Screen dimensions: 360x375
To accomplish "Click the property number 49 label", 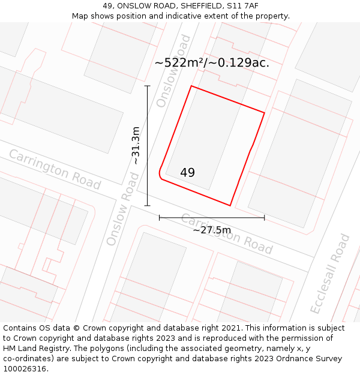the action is coord(187,173).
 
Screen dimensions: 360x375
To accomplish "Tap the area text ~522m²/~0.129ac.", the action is coord(212,62).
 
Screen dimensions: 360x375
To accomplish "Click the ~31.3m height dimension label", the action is coord(136,145).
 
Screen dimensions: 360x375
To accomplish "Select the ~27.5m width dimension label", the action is coord(212,230).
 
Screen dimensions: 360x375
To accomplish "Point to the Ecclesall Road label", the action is coord(329,274).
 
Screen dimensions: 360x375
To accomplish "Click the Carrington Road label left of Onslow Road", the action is coord(55,169).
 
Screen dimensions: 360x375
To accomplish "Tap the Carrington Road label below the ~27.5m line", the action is coord(227,234).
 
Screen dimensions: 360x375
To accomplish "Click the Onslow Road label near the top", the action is coord(173,71).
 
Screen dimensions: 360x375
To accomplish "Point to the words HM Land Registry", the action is coord(35,349).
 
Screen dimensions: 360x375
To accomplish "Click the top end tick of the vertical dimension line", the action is coord(147,86).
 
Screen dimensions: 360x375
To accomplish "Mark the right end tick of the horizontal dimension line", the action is coord(265,217).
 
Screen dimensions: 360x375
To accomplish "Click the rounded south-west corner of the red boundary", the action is coord(160,174).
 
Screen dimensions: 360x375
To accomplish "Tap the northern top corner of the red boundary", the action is coord(191,86).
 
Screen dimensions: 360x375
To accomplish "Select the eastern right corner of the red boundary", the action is coord(264,112).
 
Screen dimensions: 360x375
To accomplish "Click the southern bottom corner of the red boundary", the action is coord(230,206).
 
